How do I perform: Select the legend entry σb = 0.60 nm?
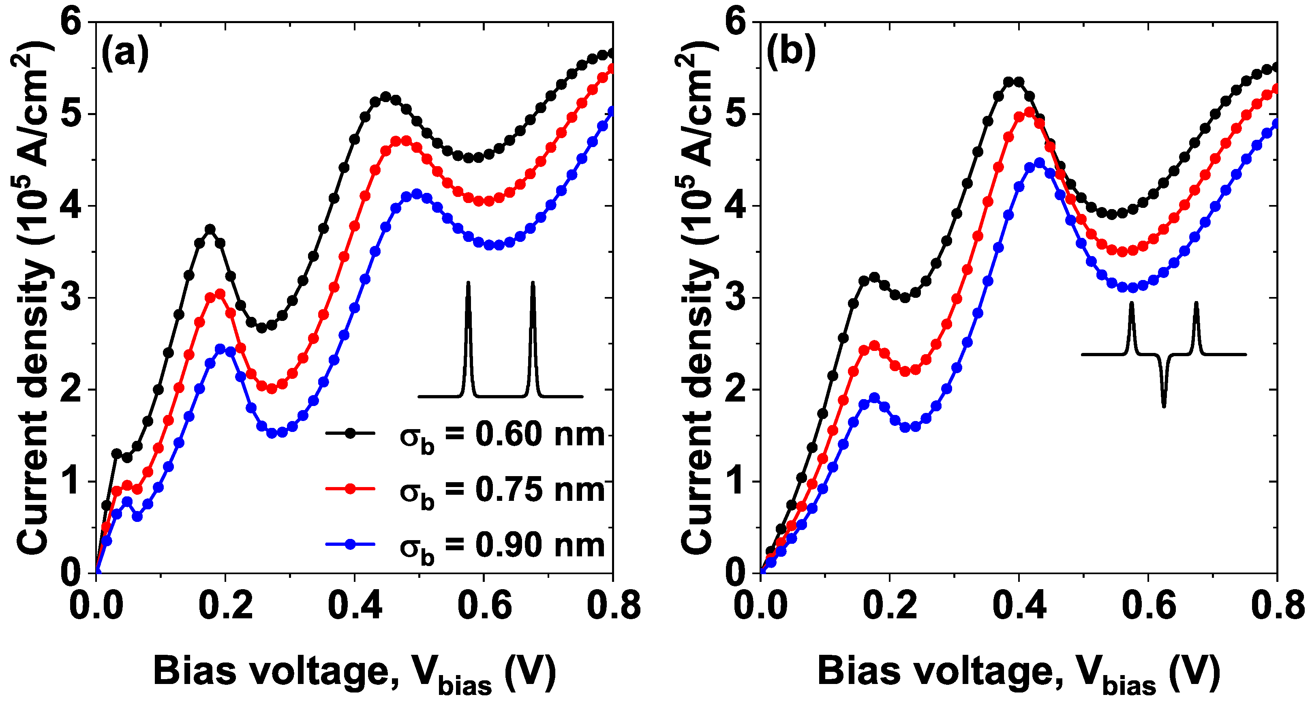click(x=501, y=435)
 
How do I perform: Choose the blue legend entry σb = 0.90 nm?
click(x=501, y=545)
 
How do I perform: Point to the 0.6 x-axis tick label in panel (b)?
click(x=1149, y=606)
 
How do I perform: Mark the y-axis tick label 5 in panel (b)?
click(x=736, y=114)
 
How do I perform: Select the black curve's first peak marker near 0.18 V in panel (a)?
click(x=210, y=229)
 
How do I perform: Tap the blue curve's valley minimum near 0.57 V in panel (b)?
click(x=1132, y=288)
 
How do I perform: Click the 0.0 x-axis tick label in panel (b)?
click(x=761, y=606)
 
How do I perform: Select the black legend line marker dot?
click(x=350, y=433)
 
